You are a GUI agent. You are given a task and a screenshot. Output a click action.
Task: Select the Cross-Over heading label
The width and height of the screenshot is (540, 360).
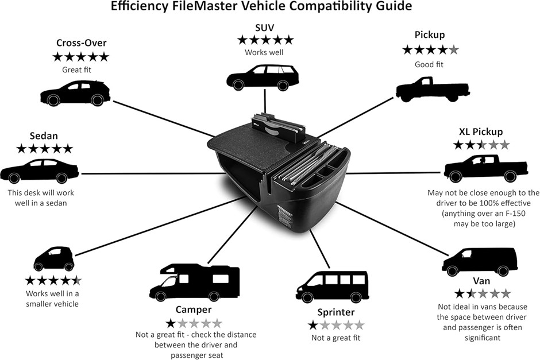pyautogui.click(x=80, y=43)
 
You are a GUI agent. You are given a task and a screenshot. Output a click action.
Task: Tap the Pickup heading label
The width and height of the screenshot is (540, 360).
pyautogui.click(x=430, y=35)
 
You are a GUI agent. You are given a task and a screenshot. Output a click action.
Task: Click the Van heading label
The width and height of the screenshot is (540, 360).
pyautogui.click(x=481, y=281)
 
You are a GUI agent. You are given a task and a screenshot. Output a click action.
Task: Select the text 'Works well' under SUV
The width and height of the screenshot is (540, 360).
pyautogui.click(x=264, y=53)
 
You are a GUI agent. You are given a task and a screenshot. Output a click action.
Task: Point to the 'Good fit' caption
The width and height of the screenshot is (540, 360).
pyautogui.click(x=429, y=64)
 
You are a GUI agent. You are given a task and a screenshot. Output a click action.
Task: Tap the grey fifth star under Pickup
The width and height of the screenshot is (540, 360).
pyautogui.click(x=454, y=50)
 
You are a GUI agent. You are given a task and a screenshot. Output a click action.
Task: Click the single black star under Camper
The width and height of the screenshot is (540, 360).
pyautogui.click(x=171, y=323)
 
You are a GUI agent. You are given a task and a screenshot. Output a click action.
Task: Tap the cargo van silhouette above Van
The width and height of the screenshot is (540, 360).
pyautogui.click(x=476, y=261)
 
